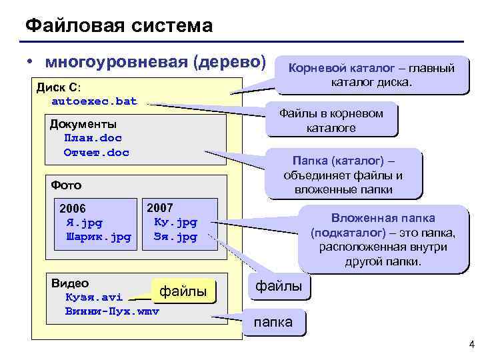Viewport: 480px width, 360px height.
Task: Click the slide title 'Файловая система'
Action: (119, 26)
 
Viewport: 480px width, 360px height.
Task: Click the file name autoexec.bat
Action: (94, 101)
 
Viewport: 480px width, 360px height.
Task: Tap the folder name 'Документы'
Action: (83, 124)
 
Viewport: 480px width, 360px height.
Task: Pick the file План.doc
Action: (93, 138)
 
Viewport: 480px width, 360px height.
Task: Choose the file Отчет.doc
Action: (96, 153)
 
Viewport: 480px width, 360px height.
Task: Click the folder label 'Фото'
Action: (66, 185)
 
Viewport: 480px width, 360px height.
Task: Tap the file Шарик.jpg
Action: (99, 237)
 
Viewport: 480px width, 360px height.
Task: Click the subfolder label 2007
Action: (159, 207)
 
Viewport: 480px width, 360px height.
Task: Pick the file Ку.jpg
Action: (175, 222)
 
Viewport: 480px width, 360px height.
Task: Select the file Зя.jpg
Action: (175, 237)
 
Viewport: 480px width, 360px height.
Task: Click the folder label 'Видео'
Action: (70, 283)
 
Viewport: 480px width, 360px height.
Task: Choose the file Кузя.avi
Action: (93, 297)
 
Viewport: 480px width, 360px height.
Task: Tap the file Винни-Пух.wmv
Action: (112, 312)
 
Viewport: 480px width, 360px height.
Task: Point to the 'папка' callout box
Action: (273, 322)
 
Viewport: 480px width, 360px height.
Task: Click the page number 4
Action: (471, 345)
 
